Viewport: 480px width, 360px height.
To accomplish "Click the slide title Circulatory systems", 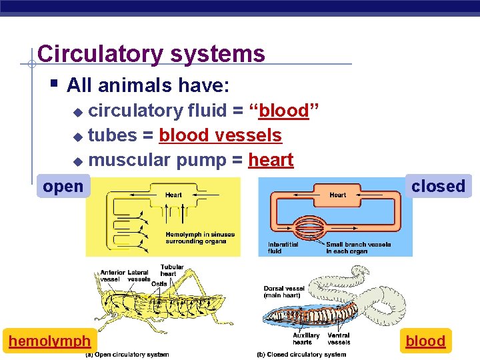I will (151, 53).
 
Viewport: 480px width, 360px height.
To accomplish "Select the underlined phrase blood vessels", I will (220, 135).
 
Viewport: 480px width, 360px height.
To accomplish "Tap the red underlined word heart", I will (271, 160).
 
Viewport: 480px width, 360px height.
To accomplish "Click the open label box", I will (63, 186).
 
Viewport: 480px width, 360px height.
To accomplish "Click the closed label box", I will (438, 186).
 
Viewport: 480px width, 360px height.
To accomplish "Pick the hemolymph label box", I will (49, 341).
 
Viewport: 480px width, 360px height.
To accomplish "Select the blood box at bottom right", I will (425, 341).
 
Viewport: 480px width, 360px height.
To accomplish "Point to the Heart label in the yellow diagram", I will (173, 195).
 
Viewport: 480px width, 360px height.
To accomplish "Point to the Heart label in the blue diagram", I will (338, 195).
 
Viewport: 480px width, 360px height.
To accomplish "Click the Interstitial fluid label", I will (284, 247).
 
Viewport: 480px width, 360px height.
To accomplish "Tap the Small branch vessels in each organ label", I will (359, 247).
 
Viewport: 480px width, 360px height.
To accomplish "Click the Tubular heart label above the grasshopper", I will (172, 270).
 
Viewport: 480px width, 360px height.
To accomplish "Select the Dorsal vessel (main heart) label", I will (285, 292).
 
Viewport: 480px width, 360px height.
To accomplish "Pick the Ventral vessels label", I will (339, 339).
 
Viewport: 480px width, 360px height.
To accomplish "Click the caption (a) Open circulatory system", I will (127, 355).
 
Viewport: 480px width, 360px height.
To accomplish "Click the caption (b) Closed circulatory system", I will (301, 355).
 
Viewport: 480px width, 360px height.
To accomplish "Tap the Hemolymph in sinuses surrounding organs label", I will (200, 238).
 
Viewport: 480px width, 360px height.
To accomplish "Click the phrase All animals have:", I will (148, 85).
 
